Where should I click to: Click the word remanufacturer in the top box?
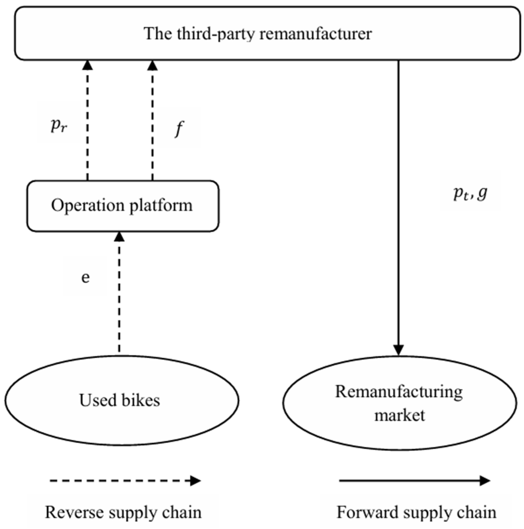click(x=316, y=34)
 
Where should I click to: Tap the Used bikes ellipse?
click(x=121, y=400)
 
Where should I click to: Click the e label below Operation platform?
click(x=85, y=277)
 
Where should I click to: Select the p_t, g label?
click(x=470, y=193)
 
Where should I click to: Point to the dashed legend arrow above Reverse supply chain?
click(x=125, y=481)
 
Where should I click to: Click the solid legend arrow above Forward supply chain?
click(x=415, y=481)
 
